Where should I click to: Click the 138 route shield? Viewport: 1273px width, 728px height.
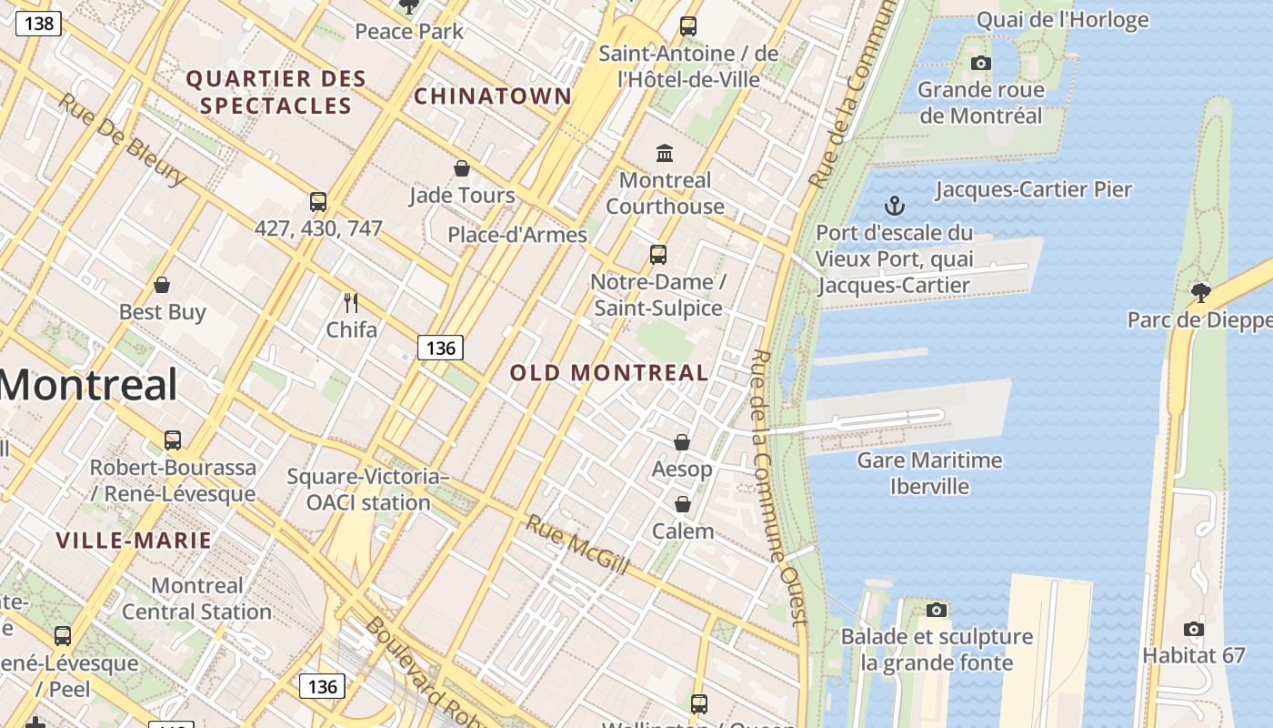(38, 23)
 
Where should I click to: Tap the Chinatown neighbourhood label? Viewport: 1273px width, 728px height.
(493, 96)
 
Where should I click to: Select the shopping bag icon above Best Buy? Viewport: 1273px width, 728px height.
(162, 285)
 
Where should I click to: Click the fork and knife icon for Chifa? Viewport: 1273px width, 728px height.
(351, 302)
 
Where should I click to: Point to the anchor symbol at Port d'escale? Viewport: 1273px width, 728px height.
(895, 206)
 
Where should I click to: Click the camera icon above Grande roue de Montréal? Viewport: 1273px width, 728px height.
(980, 63)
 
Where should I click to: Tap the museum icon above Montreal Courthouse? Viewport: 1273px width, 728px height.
(665, 153)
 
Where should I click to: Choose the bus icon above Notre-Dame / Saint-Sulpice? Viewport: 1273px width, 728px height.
(657, 255)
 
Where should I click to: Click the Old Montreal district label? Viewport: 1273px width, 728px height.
(608, 372)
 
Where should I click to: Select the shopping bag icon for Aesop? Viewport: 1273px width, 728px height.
(682, 442)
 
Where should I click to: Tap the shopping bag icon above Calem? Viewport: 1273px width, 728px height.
(682, 504)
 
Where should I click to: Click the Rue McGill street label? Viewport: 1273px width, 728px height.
(577, 544)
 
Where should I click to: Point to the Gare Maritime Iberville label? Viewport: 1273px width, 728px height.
(929, 473)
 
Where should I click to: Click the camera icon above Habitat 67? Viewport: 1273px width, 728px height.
(1193, 629)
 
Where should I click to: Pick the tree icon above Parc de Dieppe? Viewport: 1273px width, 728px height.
(1200, 292)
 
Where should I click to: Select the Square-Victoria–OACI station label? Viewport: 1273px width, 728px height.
(368, 490)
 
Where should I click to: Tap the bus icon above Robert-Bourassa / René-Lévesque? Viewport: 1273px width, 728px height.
(173, 440)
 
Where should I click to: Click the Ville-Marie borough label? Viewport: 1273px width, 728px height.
(134, 541)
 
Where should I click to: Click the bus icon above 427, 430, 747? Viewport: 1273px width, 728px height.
(317, 202)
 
